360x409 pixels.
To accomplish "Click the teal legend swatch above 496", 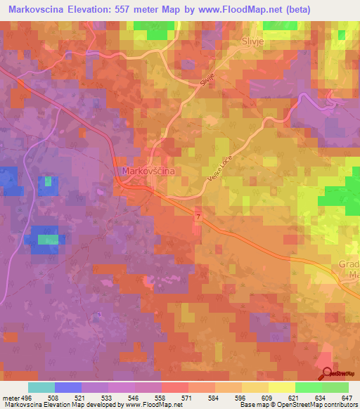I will point(41,387).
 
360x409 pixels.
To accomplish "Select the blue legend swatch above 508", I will point(68,387).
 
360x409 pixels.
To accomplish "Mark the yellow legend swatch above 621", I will point(282,387).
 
